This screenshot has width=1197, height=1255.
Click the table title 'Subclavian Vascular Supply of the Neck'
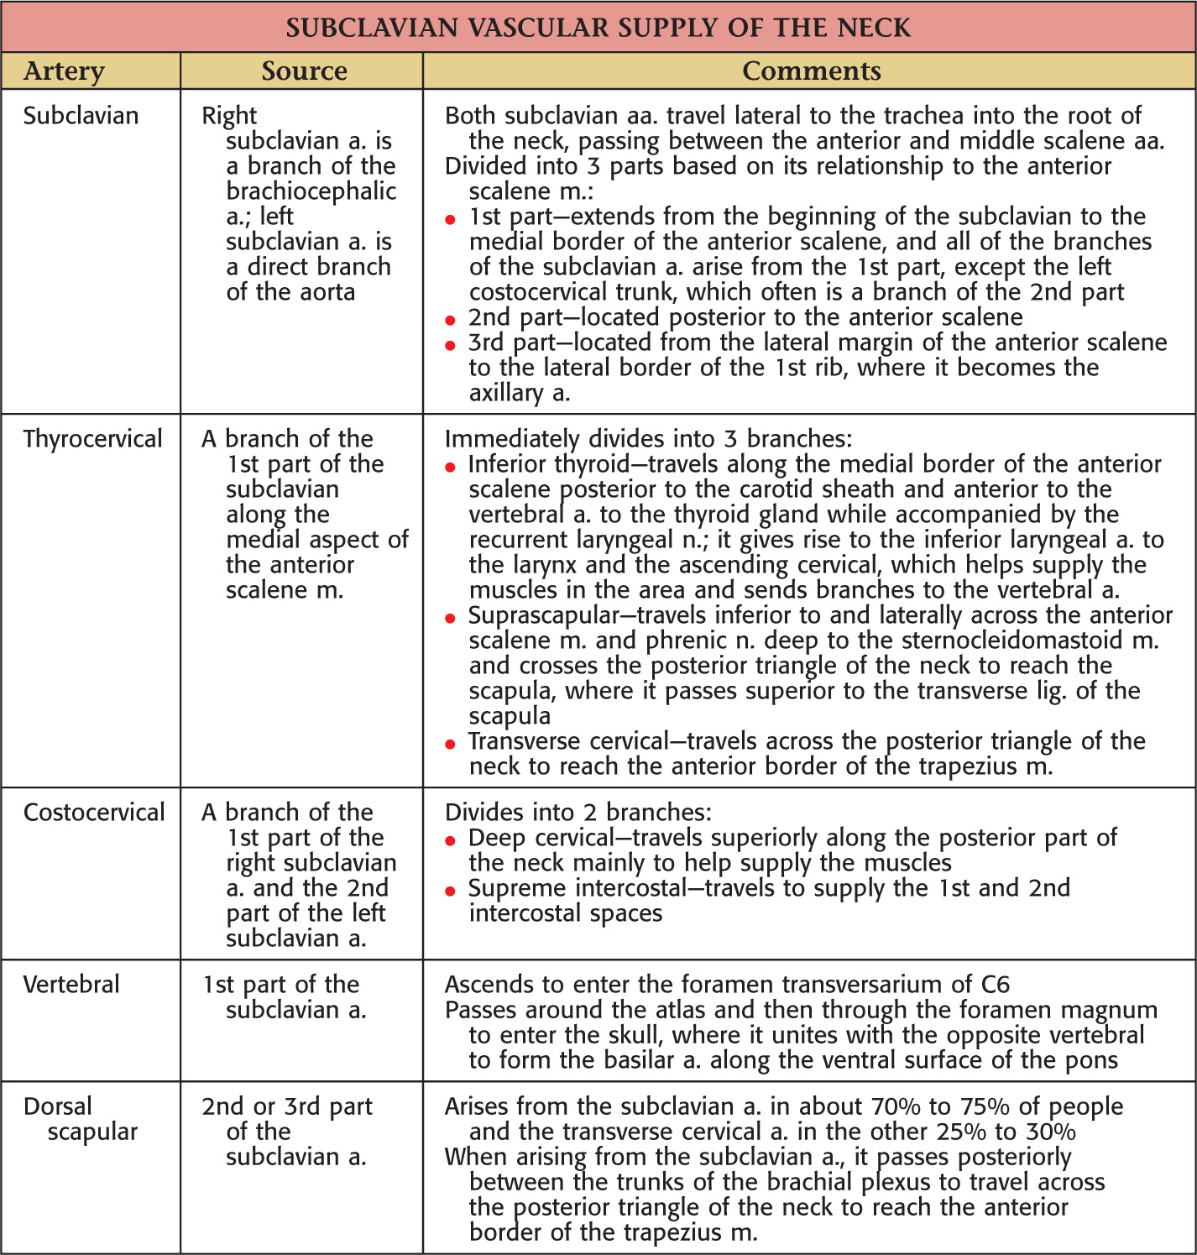click(598, 28)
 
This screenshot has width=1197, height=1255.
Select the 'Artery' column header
click(64, 71)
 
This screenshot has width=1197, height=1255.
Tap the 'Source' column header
click(304, 71)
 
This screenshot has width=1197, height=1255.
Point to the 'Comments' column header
click(811, 71)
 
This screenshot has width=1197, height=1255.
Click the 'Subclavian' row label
click(81, 116)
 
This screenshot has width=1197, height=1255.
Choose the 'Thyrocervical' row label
click(92, 439)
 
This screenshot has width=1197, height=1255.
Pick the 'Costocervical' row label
click(94, 813)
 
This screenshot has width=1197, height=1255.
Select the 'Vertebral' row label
click(71, 985)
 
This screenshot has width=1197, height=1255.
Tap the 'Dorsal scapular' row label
click(80, 1119)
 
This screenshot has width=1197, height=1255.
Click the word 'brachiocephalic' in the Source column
click(311, 191)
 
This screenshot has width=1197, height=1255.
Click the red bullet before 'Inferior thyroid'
click(451, 467)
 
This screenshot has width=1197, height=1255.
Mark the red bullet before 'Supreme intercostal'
click(451, 891)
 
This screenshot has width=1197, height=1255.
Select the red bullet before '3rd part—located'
click(451, 345)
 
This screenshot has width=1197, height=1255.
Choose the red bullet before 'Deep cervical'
click(451, 840)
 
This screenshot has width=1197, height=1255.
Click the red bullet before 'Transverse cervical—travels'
click(451, 744)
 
